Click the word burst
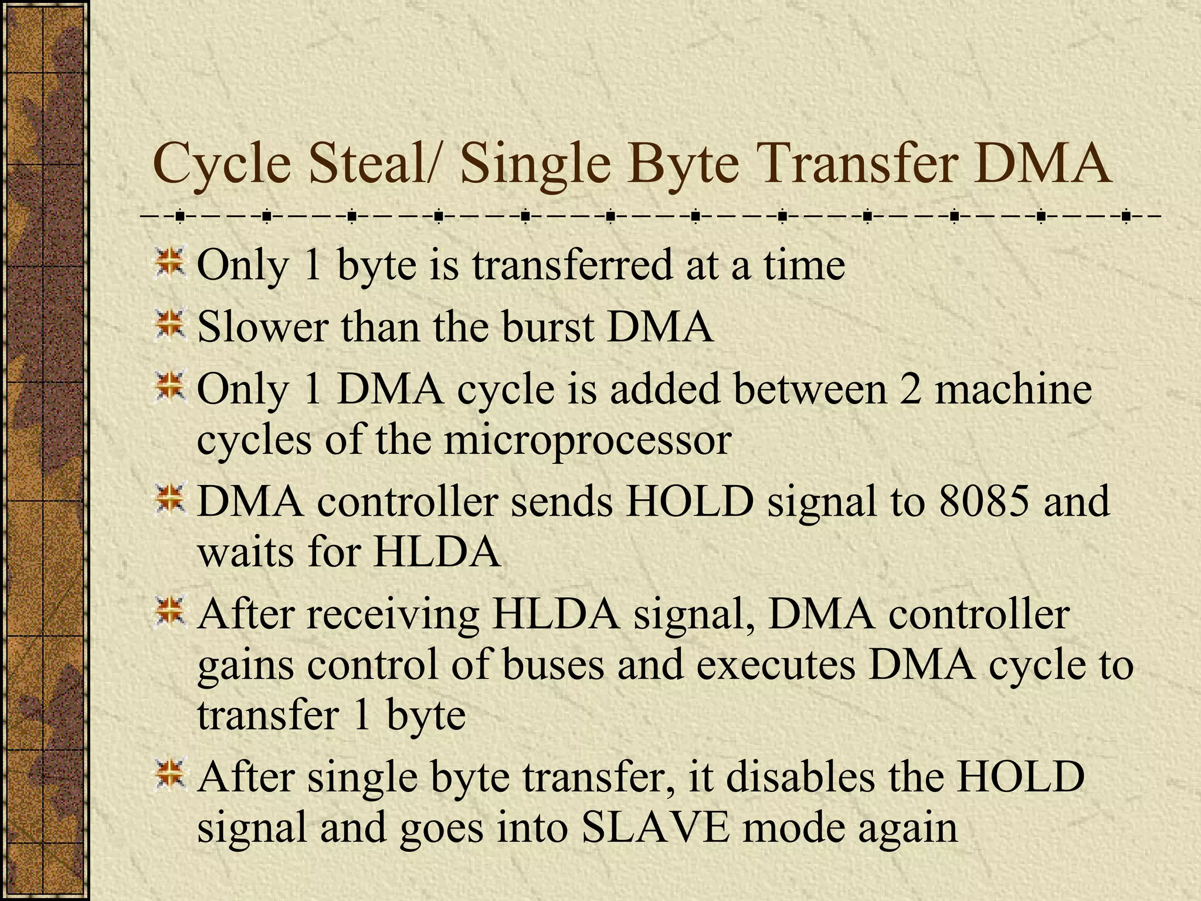(x=548, y=327)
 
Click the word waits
(x=246, y=553)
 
